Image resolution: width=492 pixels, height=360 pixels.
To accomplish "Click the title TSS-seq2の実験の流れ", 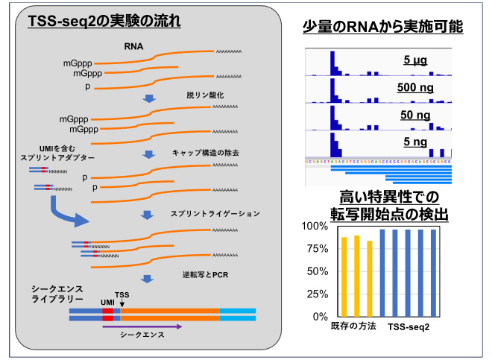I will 104,22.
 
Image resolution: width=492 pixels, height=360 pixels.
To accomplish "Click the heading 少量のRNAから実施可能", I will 382,27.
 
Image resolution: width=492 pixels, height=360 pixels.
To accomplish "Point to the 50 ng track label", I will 415,115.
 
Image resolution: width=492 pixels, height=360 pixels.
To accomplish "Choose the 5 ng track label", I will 415,142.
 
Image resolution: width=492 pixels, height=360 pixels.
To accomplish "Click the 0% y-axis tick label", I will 318,317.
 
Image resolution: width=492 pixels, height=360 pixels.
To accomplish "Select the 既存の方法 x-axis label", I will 353,327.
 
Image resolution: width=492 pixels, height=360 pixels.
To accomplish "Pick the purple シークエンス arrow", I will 142,326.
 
